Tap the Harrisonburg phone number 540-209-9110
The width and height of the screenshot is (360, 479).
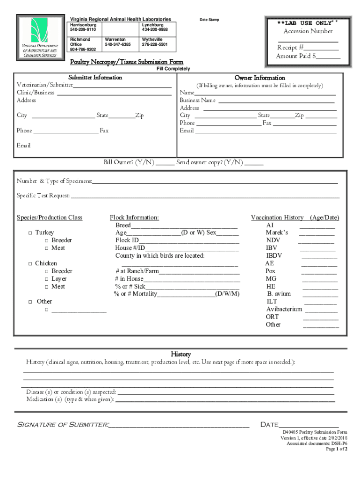pyautogui.click(x=83, y=29)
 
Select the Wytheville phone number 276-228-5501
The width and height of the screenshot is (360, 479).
pyautogui.click(x=155, y=44)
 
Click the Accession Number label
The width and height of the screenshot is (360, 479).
pyautogui.click(x=308, y=31)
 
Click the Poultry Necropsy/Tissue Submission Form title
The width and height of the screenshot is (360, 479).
pyautogui.click(x=127, y=62)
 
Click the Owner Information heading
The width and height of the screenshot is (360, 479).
pyautogui.click(x=259, y=78)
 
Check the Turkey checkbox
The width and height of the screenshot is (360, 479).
pyautogui.click(x=30, y=233)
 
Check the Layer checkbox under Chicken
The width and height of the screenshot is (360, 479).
pyautogui.click(x=47, y=279)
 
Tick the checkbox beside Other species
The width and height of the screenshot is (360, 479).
pyautogui.click(x=30, y=302)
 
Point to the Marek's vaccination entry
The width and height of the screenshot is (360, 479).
pyautogui.click(x=277, y=232)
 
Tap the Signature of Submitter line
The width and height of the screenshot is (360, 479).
pyautogui.click(x=180, y=426)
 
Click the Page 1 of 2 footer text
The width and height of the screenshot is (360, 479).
pyautogui.click(x=337, y=449)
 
